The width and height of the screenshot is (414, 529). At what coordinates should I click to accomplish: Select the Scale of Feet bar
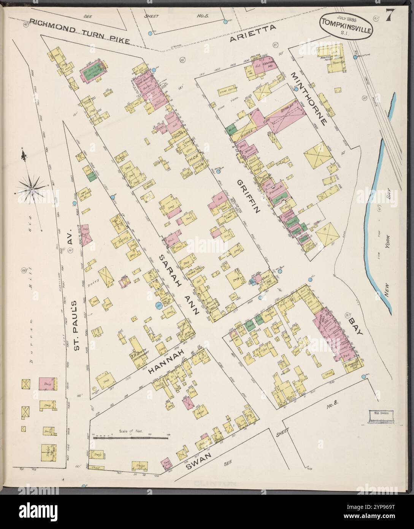point(130,438)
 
